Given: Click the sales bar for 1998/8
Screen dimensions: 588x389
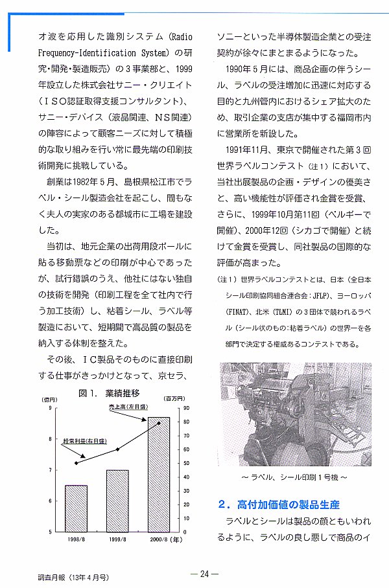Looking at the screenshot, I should (x=77, y=508).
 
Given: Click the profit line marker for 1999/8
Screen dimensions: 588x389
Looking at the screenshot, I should (x=118, y=449).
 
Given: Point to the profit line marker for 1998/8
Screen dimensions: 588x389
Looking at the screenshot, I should (x=77, y=463).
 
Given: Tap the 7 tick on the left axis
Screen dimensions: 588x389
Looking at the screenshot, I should (x=50, y=470).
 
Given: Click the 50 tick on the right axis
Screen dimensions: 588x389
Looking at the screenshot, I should (x=187, y=463).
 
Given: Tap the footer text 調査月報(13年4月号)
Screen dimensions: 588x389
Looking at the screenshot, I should (x=73, y=575).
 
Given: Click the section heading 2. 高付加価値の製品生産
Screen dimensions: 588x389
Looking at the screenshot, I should (x=279, y=504).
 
